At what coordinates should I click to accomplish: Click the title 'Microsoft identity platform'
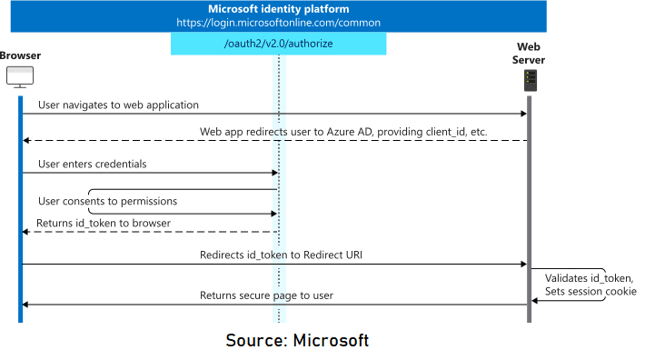(278, 9)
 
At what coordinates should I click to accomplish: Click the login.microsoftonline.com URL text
(278, 23)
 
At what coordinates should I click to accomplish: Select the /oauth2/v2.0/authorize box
(278, 44)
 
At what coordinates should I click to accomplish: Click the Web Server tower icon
(529, 81)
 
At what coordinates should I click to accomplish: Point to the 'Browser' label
(20, 56)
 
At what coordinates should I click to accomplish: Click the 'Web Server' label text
(530, 54)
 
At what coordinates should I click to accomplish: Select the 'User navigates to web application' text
(118, 105)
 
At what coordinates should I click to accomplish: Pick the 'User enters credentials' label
(92, 165)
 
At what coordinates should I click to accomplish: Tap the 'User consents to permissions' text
(107, 201)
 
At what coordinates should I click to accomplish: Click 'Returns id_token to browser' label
(103, 224)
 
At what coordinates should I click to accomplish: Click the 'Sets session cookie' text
(590, 292)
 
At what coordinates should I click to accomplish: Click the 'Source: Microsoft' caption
(297, 341)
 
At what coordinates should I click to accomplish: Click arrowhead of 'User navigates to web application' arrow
(524, 115)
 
